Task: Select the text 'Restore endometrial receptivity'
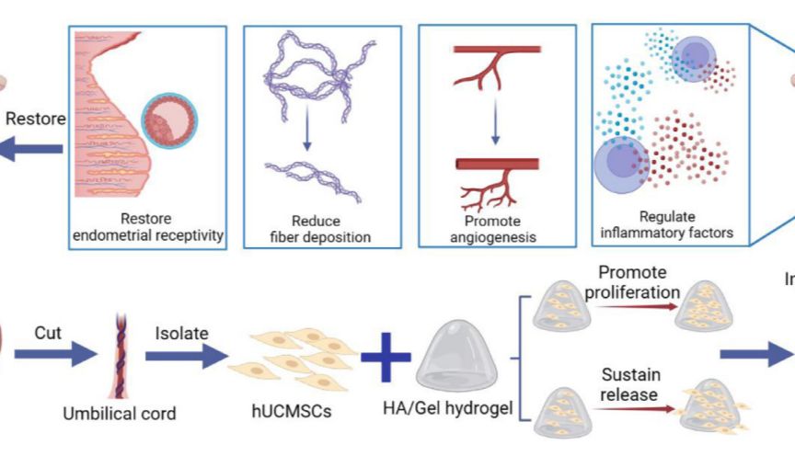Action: (x=147, y=228)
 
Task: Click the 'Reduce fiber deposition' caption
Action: (x=317, y=229)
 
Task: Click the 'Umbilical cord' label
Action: (x=119, y=414)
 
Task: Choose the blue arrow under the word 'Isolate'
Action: (x=185, y=354)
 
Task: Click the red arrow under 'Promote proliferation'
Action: (x=632, y=304)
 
